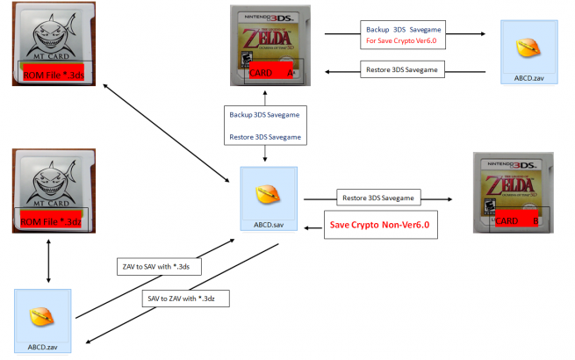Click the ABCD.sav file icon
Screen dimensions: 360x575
click(269, 196)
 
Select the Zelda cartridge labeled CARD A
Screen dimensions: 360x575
click(268, 46)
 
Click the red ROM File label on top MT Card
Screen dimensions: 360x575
click(53, 69)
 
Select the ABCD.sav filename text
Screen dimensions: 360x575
click(269, 223)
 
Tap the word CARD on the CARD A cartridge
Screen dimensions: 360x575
click(261, 72)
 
